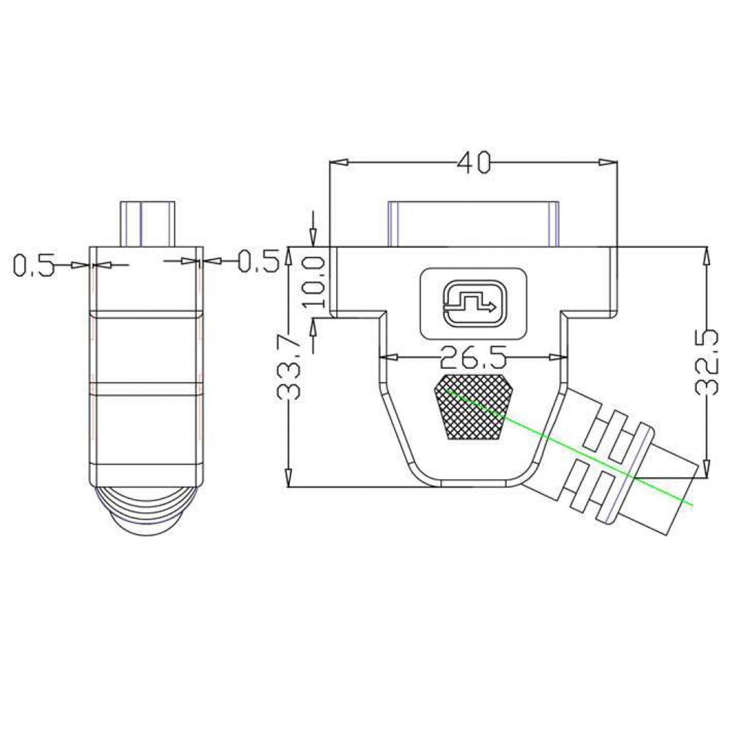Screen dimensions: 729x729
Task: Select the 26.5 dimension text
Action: (x=472, y=357)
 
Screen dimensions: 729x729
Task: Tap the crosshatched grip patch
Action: (x=473, y=407)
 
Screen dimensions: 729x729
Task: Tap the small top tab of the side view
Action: (x=147, y=223)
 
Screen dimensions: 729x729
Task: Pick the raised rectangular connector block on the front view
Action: (x=473, y=223)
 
